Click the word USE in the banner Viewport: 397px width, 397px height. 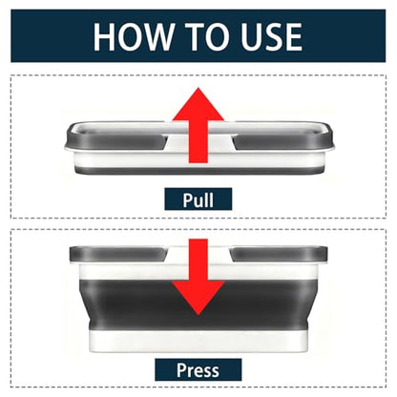271,36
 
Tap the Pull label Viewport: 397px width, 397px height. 198,199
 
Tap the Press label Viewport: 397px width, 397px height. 198,369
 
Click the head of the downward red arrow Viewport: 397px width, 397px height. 198,298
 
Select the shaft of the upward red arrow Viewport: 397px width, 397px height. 198,142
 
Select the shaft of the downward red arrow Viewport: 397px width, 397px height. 198,261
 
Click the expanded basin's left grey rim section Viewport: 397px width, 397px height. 118,254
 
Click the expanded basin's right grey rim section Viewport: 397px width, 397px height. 280,254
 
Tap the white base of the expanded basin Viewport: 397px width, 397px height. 198,341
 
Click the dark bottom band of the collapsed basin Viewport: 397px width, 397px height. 198,171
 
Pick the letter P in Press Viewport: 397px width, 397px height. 181,370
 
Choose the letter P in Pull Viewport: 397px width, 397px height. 187,199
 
